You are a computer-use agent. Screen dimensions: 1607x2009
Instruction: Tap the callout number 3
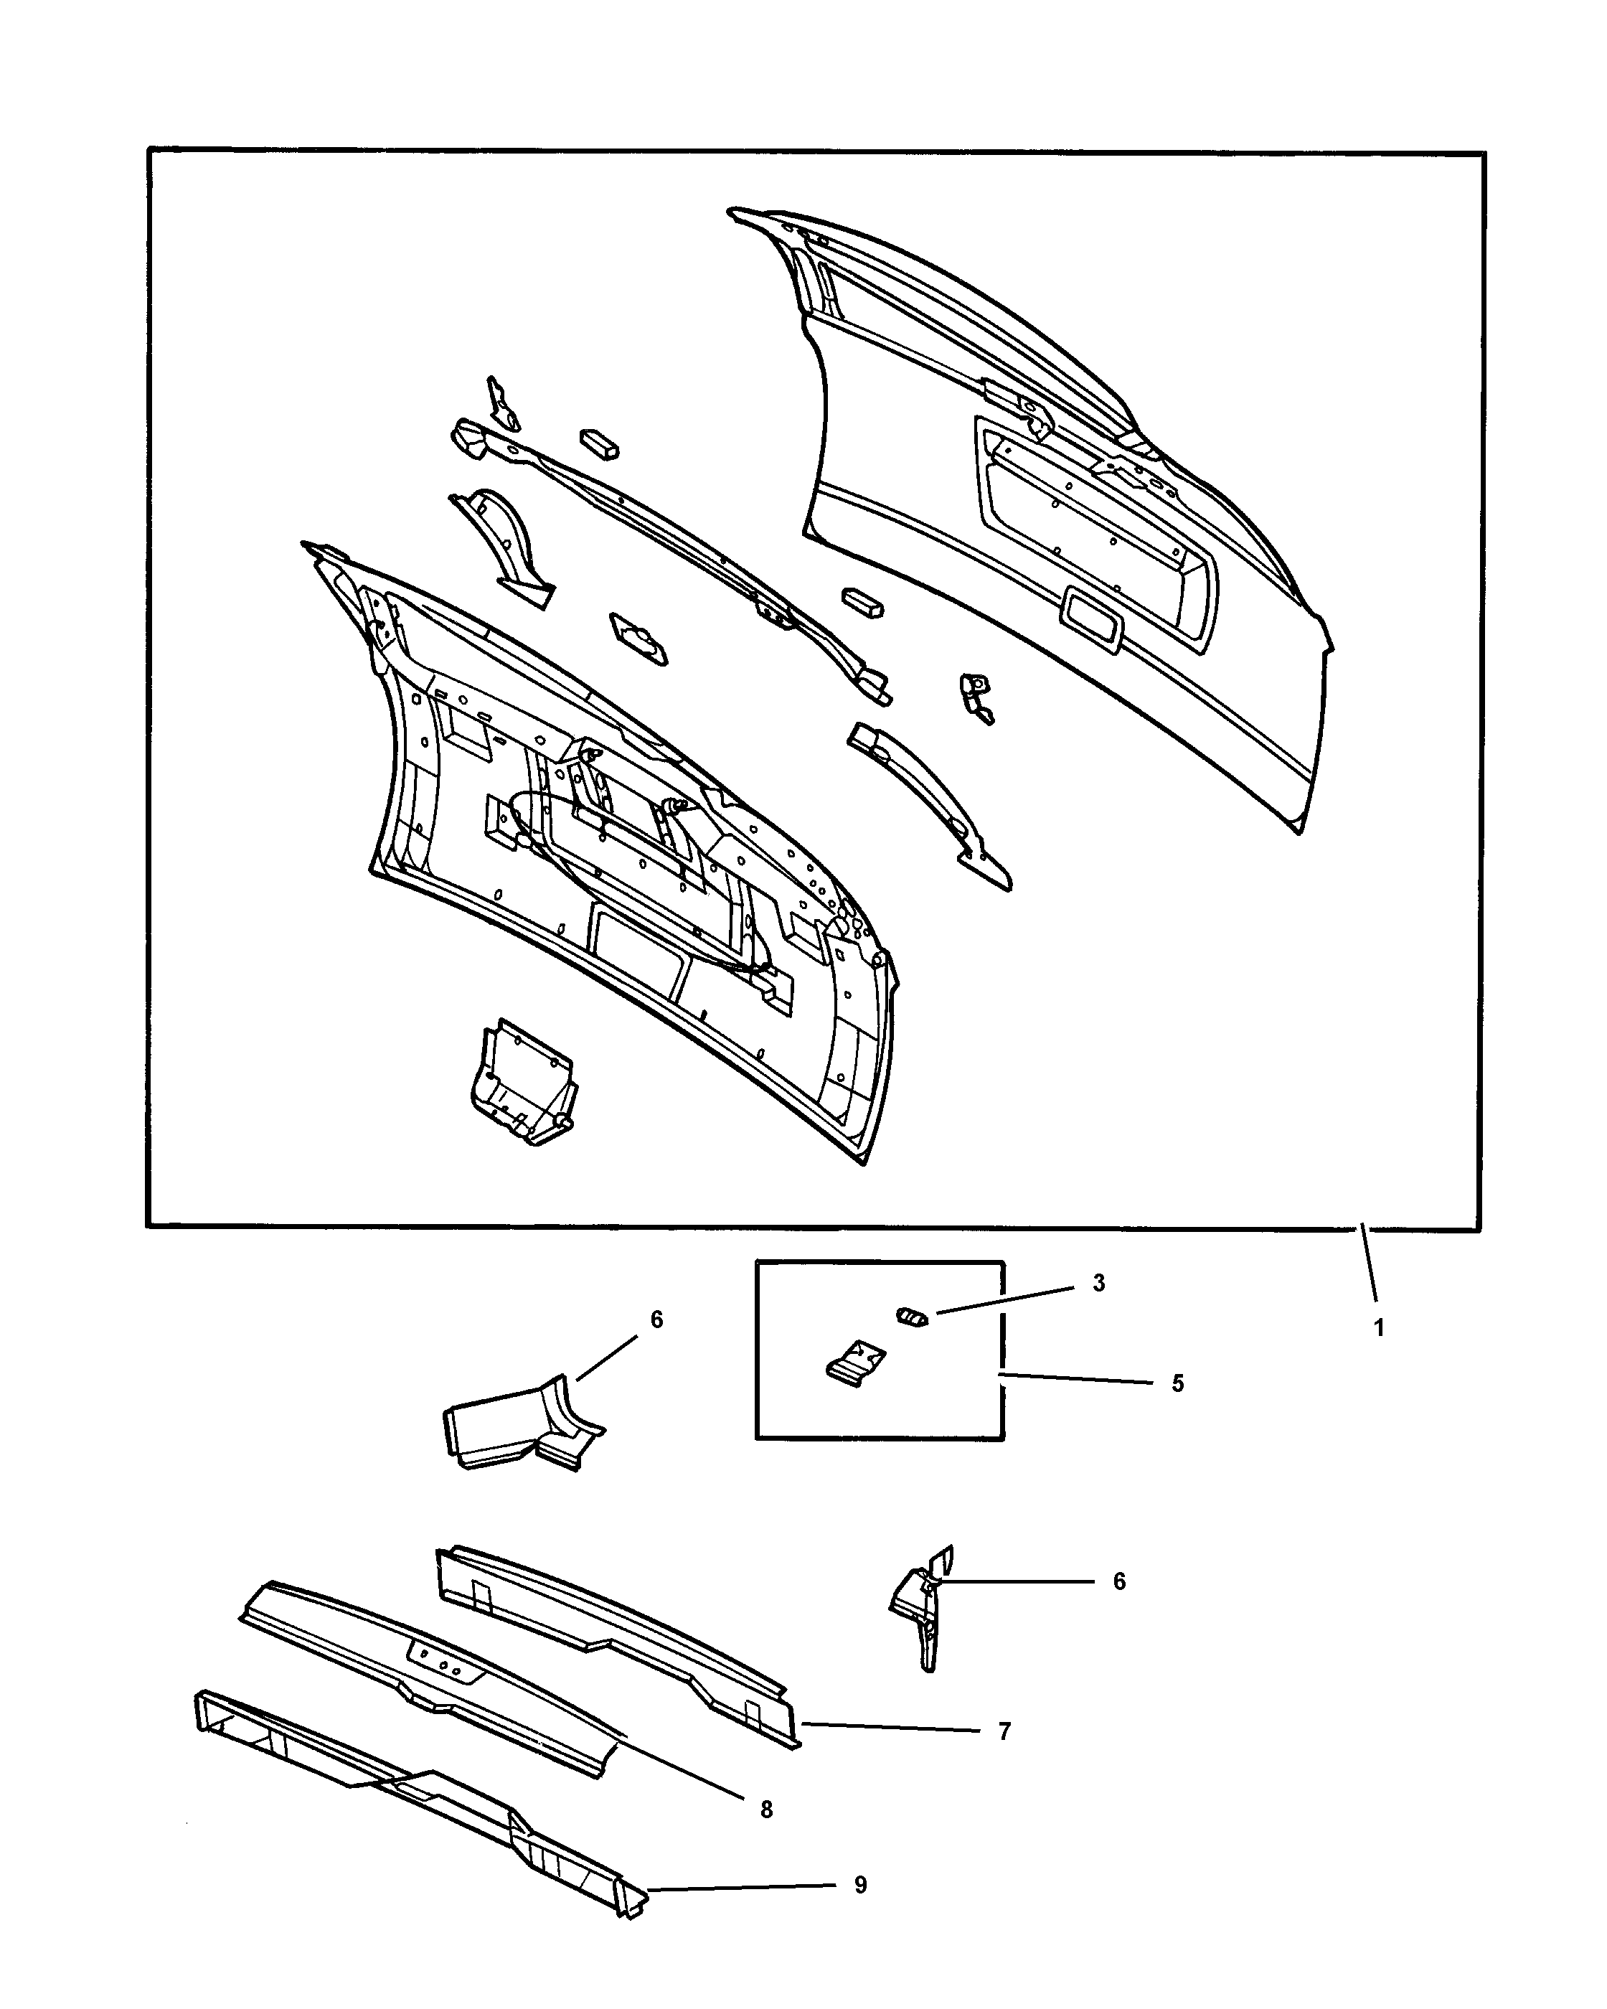[1098, 1283]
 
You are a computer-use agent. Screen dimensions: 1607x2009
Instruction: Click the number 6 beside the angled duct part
[656, 1319]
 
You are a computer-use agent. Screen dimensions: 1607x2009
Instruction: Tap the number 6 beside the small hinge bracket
[1119, 1581]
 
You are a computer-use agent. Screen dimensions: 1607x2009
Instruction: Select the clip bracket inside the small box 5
[854, 1363]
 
